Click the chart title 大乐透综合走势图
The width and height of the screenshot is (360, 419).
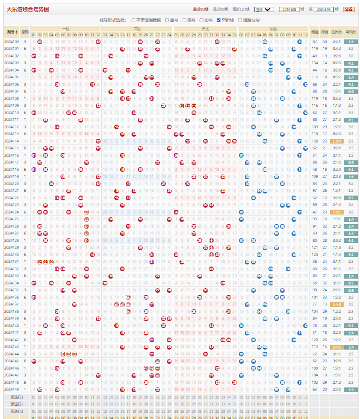27,9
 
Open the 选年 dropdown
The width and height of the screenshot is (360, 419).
264,9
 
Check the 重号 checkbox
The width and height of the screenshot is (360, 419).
167,20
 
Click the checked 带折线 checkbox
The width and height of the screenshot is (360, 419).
219,20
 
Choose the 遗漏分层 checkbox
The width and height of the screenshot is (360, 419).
241,20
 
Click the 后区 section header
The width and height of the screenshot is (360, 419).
274,28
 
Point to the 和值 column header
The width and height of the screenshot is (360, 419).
315,32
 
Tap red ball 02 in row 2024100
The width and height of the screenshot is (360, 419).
39,42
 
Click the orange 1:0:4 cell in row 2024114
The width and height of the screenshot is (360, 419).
337,141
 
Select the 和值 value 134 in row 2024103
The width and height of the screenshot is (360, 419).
315,63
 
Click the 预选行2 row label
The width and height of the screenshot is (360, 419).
17,404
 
